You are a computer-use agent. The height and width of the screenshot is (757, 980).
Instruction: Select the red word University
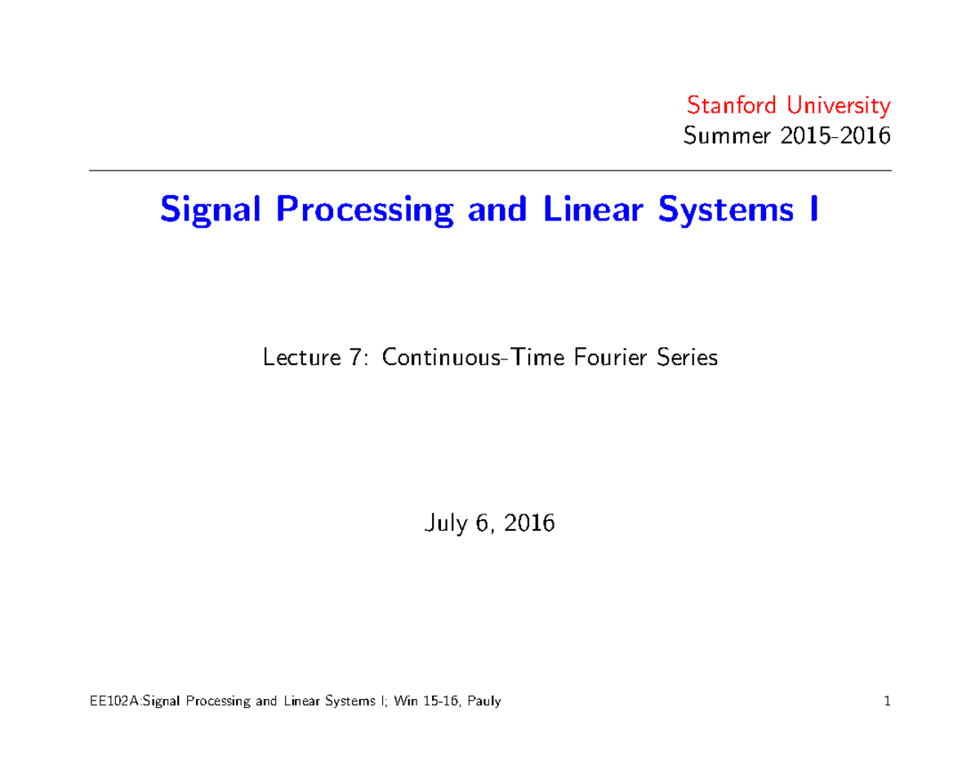[x=836, y=106]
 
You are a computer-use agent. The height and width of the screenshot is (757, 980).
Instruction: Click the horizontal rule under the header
[x=490, y=171]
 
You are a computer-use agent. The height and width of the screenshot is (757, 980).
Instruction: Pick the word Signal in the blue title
[x=214, y=211]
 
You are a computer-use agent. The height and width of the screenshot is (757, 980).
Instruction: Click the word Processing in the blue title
[x=365, y=211]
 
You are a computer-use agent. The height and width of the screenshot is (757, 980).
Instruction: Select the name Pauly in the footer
[x=483, y=702]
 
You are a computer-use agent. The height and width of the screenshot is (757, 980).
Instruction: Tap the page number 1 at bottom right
[x=886, y=701]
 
